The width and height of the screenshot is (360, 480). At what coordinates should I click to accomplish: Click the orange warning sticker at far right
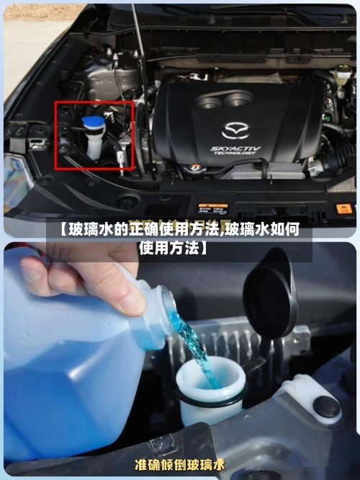click(345, 208)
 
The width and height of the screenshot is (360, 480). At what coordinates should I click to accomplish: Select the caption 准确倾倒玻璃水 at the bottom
click(180, 465)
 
